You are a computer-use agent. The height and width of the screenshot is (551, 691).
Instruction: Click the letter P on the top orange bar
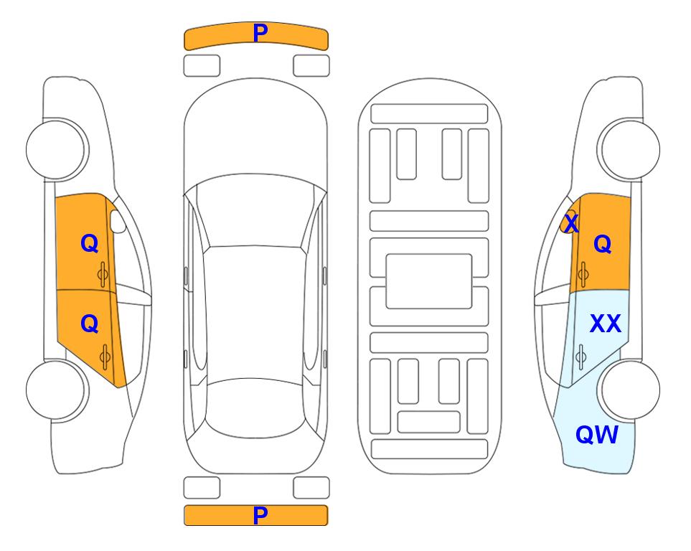[260, 33]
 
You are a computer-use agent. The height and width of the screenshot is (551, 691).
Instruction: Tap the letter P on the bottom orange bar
[260, 515]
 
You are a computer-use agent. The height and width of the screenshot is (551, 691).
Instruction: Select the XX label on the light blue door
[606, 324]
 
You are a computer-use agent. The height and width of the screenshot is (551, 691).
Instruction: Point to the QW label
[597, 435]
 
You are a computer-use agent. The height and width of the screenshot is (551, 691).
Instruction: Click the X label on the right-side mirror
[571, 223]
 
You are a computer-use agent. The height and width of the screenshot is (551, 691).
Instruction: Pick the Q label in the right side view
[603, 244]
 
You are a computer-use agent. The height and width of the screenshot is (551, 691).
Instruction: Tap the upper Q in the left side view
[90, 243]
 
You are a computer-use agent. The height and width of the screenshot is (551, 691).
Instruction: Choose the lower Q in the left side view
[90, 324]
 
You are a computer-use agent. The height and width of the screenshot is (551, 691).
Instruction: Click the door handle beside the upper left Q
[103, 275]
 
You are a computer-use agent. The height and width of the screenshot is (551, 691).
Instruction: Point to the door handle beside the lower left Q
[105, 357]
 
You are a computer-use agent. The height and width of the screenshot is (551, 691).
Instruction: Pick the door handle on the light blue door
[581, 357]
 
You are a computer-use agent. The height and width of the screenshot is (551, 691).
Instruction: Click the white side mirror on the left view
[118, 221]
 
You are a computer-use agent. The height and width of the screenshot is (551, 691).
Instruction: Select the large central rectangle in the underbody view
[429, 281]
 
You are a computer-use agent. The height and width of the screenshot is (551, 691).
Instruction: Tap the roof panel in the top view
[254, 314]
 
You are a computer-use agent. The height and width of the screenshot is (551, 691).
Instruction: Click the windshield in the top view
[255, 211]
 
